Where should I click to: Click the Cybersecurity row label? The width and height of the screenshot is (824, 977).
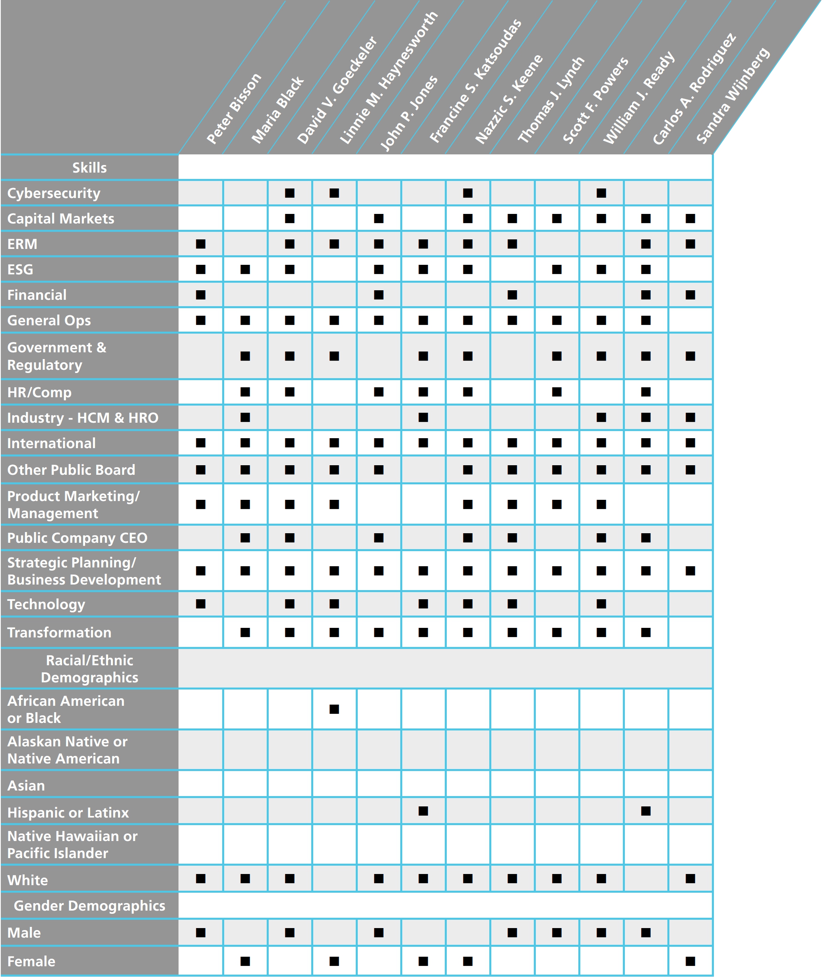54,193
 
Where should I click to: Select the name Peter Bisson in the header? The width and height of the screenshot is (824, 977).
234,109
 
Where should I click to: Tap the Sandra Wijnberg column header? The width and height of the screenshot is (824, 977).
733,95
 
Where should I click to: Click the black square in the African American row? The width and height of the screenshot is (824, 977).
334,709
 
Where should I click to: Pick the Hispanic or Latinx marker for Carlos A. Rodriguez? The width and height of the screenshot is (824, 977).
646,811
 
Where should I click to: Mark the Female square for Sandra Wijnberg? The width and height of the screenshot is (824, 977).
690,961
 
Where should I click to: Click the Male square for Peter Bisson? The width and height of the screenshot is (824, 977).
201,932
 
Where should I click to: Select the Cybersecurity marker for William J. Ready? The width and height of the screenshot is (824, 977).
601,193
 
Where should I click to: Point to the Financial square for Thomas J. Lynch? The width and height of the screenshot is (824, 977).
512,295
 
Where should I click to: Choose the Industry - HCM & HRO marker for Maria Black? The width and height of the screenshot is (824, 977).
245,417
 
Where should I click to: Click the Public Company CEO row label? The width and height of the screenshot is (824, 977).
77,538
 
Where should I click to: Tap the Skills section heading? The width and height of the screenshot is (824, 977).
89,168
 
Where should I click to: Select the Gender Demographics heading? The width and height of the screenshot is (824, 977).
89,905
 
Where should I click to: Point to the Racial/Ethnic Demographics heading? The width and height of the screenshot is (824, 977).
89,668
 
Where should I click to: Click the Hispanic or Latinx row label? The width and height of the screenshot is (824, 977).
68,812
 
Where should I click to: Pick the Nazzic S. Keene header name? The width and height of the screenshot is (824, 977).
509,99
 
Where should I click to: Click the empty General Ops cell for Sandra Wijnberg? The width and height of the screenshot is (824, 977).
690,320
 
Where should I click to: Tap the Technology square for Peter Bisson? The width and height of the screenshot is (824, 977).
201,604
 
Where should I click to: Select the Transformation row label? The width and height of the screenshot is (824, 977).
59,633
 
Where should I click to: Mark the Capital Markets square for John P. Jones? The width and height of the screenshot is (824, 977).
379,219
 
